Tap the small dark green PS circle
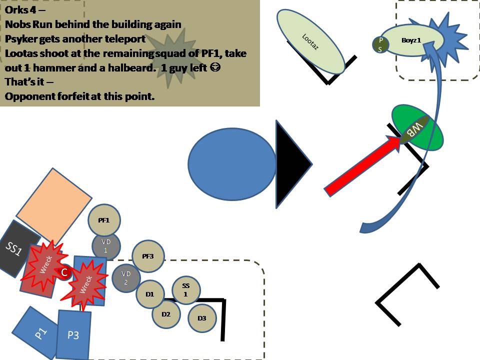tap(380, 43)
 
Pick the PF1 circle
tap(104, 220)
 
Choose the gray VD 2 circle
tap(126, 278)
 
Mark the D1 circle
tap(150, 294)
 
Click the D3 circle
tap(202, 318)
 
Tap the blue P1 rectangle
tap(37, 330)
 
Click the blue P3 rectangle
tap(73, 334)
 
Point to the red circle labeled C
tap(64, 272)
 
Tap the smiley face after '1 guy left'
tap(215, 68)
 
